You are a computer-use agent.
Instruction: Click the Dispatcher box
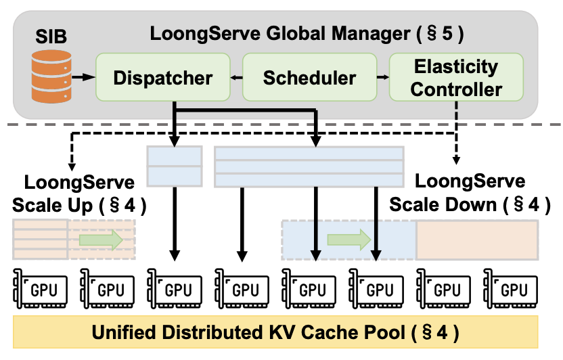162,78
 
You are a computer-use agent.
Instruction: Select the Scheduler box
309,78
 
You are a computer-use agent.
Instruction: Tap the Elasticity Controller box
457,78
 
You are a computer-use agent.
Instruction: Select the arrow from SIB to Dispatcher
83,78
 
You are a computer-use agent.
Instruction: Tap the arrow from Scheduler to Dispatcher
236,78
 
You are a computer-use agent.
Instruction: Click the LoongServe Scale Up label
80,193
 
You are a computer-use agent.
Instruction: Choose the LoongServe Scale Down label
470,193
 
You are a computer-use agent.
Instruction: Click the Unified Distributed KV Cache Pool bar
276,332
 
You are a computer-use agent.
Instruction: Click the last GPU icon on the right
512,289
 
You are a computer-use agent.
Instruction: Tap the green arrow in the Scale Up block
100,240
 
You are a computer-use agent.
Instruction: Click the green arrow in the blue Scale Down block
349,240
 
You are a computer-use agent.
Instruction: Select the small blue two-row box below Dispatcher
175,166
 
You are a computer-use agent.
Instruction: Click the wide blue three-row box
309,166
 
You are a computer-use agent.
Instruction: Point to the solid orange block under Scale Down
477,240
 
